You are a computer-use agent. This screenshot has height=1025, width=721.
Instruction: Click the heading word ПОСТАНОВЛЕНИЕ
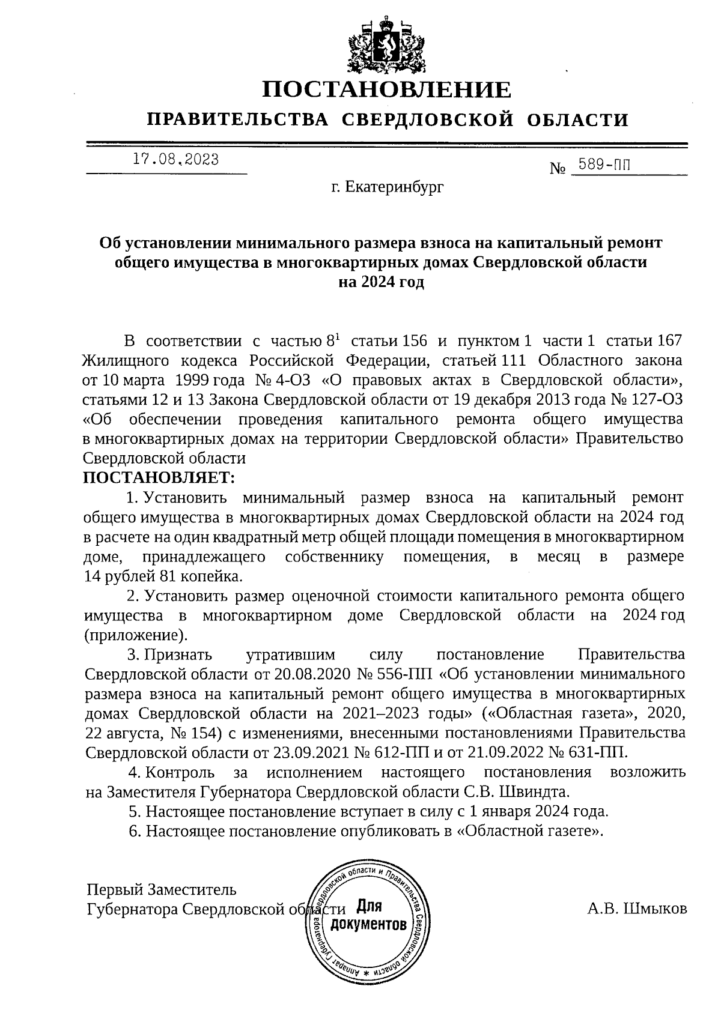pos(388,90)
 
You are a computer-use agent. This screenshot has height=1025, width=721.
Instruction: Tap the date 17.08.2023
pos(175,160)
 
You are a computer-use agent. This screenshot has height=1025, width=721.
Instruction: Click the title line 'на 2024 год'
pos(382,282)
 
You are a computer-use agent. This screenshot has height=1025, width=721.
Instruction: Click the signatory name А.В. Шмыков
pos(637,910)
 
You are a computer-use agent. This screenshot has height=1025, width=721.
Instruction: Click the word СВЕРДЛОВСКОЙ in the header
pos(428,120)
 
